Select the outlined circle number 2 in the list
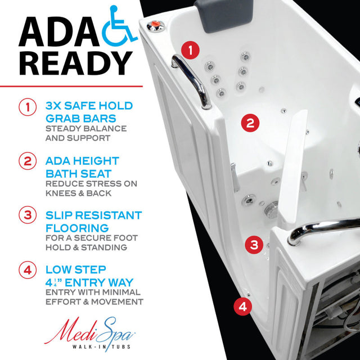(27, 161)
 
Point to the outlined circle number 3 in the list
(27, 215)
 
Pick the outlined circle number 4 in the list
(27, 269)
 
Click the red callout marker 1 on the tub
(191, 50)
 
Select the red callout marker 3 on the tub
(254, 245)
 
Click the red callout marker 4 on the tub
(242, 307)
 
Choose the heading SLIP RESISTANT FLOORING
(93, 221)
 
